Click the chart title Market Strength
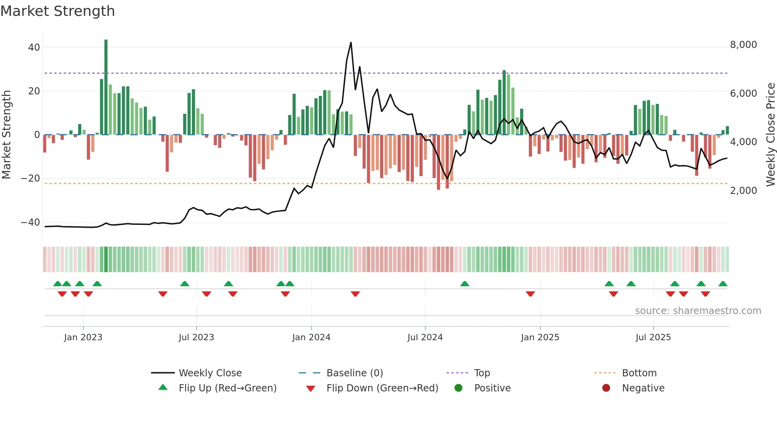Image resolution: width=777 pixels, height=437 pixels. (57, 11)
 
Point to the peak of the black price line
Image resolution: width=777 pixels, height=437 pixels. (351, 43)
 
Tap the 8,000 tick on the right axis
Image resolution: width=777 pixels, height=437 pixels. (743, 45)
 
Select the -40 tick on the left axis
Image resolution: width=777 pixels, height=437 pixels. (30, 222)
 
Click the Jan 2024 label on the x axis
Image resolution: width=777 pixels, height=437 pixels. (311, 337)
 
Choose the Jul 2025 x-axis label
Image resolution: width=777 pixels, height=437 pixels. (653, 337)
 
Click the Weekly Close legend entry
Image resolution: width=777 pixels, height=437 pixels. (210, 373)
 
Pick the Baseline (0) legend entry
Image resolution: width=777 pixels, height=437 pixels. (354, 373)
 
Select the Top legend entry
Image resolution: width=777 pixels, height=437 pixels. (482, 373)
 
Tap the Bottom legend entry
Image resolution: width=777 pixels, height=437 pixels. (639, 373)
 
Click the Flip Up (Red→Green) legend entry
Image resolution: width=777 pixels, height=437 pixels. (227, 388)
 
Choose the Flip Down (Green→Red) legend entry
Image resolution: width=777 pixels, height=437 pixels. (382, 388)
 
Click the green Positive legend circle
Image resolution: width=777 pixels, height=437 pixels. (459, 388)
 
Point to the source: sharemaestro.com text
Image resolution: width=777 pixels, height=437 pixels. (698, 311)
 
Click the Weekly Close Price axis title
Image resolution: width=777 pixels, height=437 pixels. (770, 135)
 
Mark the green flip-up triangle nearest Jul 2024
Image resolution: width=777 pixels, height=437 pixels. (465, 284)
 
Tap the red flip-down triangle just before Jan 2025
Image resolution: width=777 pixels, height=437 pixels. (530, 294)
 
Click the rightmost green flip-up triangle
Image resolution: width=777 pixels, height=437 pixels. (723, 284)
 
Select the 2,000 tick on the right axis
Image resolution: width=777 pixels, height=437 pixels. (743, 191)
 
